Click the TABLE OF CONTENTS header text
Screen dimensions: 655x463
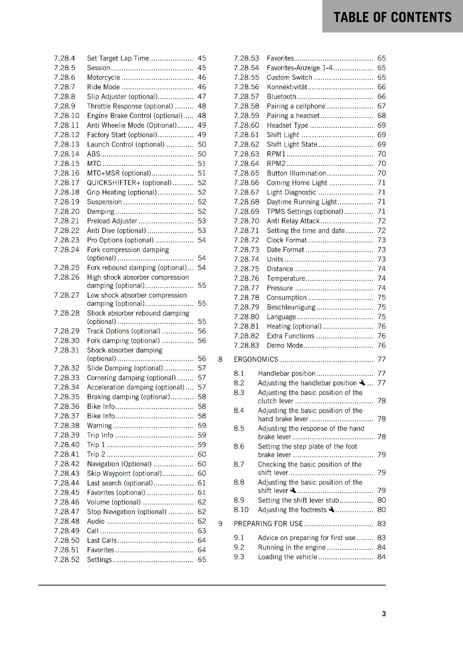coord(392,17)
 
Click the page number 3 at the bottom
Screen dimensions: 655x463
coord(384,614)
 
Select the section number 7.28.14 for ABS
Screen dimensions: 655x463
coord(66,154)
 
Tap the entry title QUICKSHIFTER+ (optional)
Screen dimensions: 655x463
coord(129,183)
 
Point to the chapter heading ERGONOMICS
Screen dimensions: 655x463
coord(256,359)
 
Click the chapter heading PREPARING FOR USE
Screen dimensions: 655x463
coord(268,524)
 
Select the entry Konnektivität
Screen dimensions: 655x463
coord(287,87)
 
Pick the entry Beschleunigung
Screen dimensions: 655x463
coord(291,307)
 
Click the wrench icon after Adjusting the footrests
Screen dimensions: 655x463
coord(331,510)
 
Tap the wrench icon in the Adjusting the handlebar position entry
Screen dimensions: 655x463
coord(362,383)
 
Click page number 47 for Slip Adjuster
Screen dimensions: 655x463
coord(202,97)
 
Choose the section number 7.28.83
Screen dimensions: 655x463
coord(246,346)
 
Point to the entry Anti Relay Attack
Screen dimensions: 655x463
coord(293,221)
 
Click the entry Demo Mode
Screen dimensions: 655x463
coord(285,346)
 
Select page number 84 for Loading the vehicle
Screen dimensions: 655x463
coord(381,557)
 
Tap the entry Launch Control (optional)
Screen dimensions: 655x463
coord(126,145)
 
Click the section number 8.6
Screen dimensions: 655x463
coord(239,446)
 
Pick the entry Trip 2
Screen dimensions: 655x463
coord(96,454)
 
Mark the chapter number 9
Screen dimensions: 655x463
coord(220,524)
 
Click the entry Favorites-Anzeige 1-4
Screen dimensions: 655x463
coord(300,68)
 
